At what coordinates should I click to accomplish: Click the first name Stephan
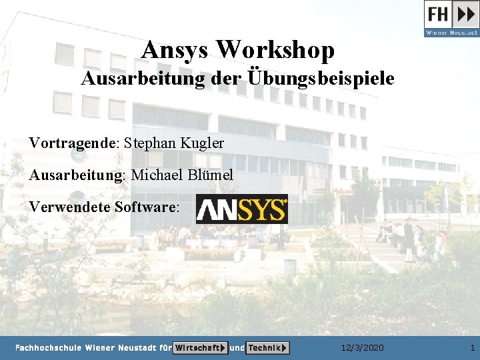pyautogui.click(x=150, y=143)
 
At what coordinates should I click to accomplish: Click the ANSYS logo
pyautogui.click(x=241, y=209)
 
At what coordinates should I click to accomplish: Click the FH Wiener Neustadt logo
pyautogui.click(x=451, y=19)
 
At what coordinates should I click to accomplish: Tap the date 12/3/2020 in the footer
pyautogui.click(x=362, y=348)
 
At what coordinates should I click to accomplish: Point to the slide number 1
pyautogui.click(x=472, y=348)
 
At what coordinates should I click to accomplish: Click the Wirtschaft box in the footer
pyautogui.click(x=200, y=348)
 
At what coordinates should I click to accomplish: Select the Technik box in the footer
pyautogui.click(x=267, y=348)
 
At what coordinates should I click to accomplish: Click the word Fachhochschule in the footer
pyautogui.click(x=48, y=348)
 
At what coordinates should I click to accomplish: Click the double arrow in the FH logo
pyautogui.click(x=465, y=14)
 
